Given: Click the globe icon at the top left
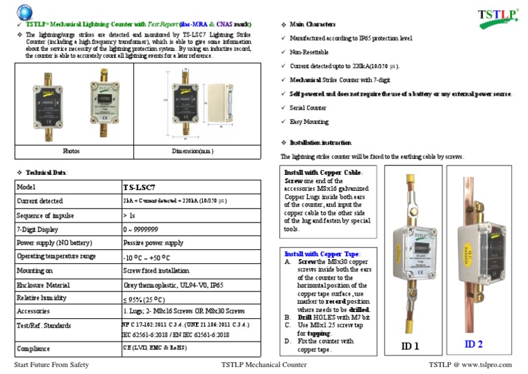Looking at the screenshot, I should click(26, 12).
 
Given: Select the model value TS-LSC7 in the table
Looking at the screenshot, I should click(139, 187).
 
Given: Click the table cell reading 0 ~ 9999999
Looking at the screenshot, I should click(140, 229).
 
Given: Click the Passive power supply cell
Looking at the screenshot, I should click(153, 243).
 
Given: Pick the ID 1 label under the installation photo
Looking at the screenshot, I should click(410, 346).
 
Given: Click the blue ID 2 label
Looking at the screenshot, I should click(474, 344).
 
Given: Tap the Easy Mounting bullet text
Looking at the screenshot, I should click(309, 122).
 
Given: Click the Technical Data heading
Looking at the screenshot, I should click(47, 172).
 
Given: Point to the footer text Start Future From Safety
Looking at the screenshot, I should click(61, 364).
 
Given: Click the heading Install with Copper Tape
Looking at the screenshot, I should click(322, 254).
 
